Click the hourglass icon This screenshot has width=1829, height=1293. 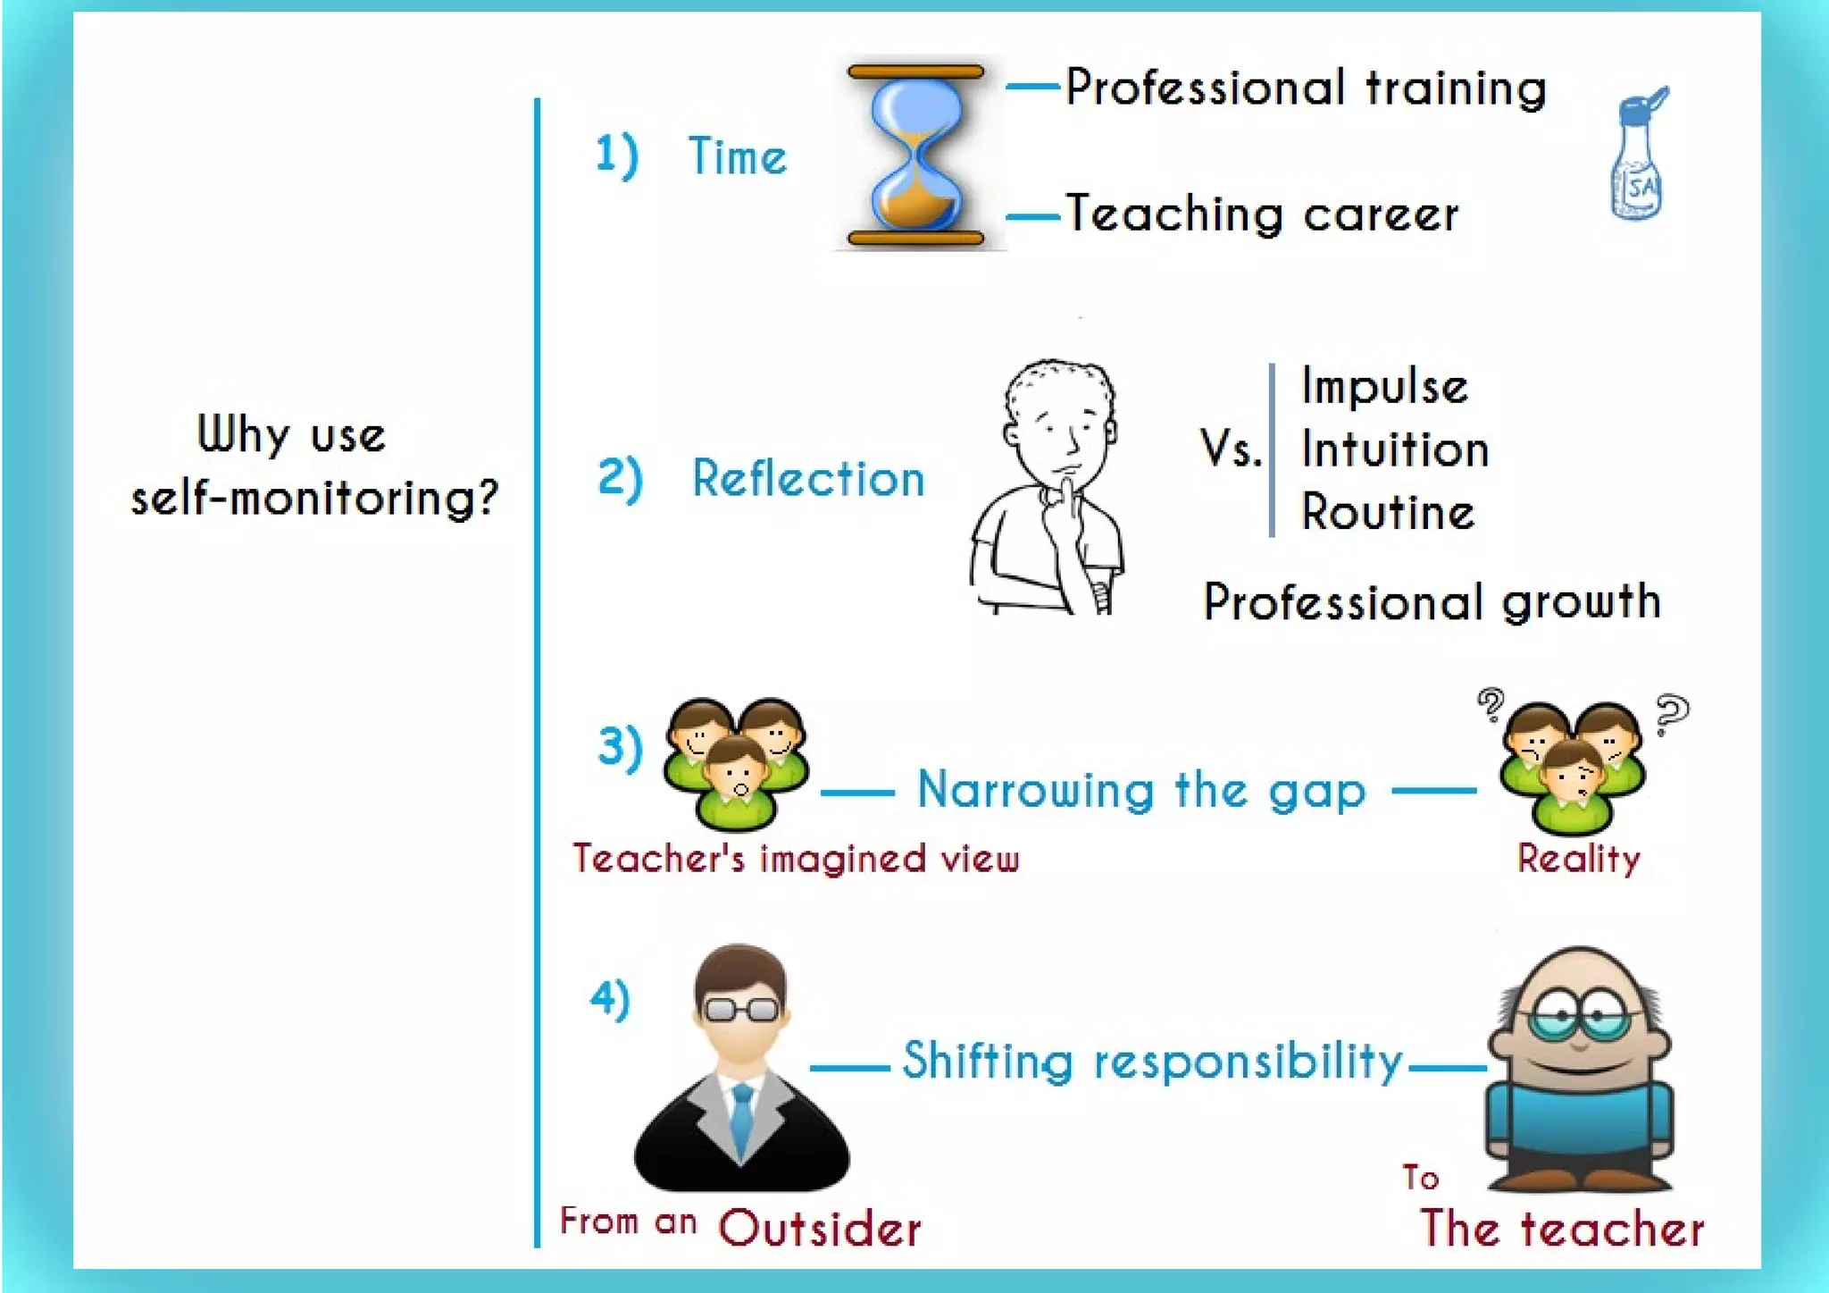click(x=915, y=153)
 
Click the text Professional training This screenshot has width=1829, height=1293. click(x=1306, y=88)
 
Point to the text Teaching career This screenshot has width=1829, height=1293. click(x=1262, y=214)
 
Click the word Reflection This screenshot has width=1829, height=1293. click(x=808, y=478)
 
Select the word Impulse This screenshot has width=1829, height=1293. click(x=1384, y=387)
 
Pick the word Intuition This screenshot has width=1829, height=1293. click(x=1395, y=449)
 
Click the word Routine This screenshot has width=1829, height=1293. click(x=1388, y=513)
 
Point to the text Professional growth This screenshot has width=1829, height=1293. click(x=1432, y=601)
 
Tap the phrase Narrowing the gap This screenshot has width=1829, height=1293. click(x=1141, y=791)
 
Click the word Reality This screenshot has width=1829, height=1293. click(x=1578, y=859)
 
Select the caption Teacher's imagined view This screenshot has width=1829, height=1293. click(x=796, y=859)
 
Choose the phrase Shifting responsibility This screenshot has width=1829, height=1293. click(x=1152, y=1062)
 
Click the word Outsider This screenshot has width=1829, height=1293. click(x=820, y=1229)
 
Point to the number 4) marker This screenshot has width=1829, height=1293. click(x=611, y=999)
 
